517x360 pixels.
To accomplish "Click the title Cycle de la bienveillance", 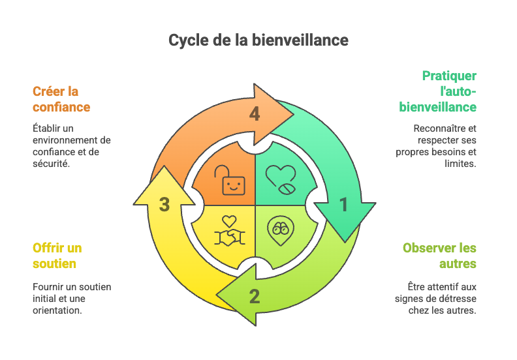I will (x=258, y=40).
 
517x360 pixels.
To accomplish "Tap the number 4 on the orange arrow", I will (x=255, y=114).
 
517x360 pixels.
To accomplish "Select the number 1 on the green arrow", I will (x=343, y=205).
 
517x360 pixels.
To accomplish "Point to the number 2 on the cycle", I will (x=255, y=297).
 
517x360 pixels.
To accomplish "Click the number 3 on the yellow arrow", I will (x=164, y=205).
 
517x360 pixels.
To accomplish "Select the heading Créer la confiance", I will (x=61, y=98).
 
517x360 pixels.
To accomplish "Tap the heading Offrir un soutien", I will (x=57, y=256).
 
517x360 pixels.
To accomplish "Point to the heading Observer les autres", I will (x=439, y=256).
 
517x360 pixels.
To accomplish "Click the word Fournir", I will (x=47, y=286).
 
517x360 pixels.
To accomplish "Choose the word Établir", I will (x=46, y=128).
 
